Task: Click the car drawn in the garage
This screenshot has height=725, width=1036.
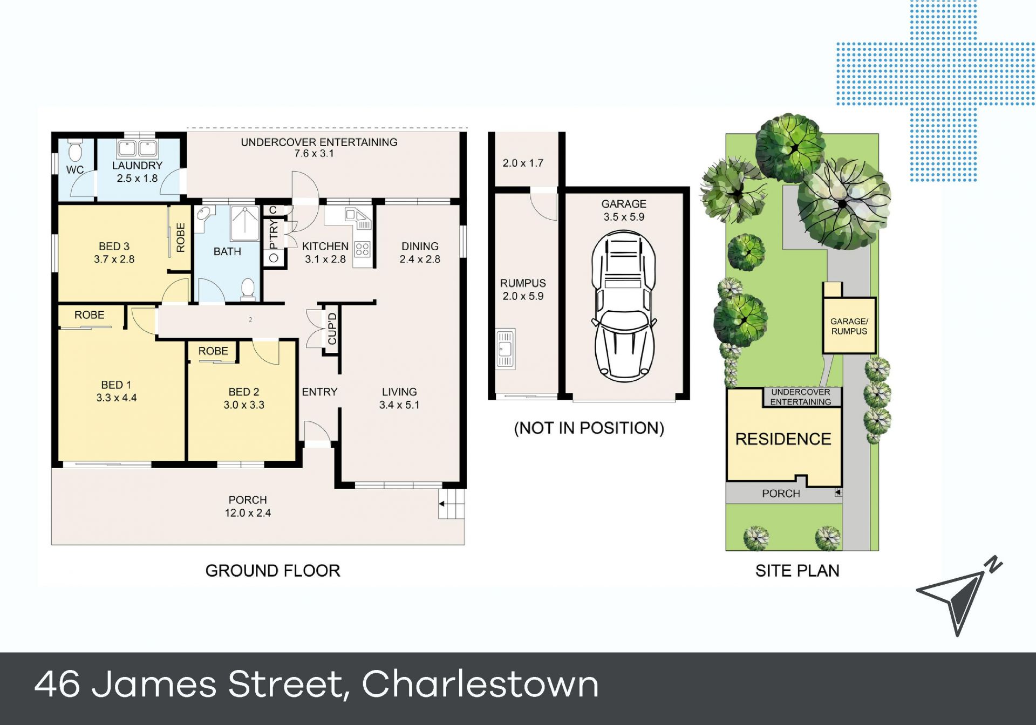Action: [624, 305]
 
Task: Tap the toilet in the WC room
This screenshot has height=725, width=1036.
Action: [75, 151]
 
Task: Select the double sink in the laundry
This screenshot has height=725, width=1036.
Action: [137, 148]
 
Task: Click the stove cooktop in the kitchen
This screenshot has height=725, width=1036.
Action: [363, 249]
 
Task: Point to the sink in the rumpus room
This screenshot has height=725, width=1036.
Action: [505, 348]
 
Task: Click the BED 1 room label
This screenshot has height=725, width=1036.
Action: [116, 391]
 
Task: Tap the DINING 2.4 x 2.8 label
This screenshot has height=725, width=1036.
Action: [420, 252]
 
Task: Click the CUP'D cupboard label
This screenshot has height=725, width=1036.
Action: [332, 329]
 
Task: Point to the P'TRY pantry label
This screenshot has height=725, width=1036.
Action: [274, 233]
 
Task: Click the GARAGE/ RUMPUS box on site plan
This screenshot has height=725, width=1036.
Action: [849, 325]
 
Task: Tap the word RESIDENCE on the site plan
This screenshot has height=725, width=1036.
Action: [783, 439]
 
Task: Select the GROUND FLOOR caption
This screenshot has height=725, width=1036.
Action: [272, 571]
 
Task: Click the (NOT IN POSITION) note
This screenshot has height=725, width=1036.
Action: [589, 428]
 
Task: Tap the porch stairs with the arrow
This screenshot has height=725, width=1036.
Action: [451, 504]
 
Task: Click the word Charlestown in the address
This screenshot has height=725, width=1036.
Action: [480, 684]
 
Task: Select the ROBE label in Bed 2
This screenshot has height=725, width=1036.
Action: [213, 351]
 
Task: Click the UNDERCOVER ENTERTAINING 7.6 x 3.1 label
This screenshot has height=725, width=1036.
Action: [319, 148]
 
